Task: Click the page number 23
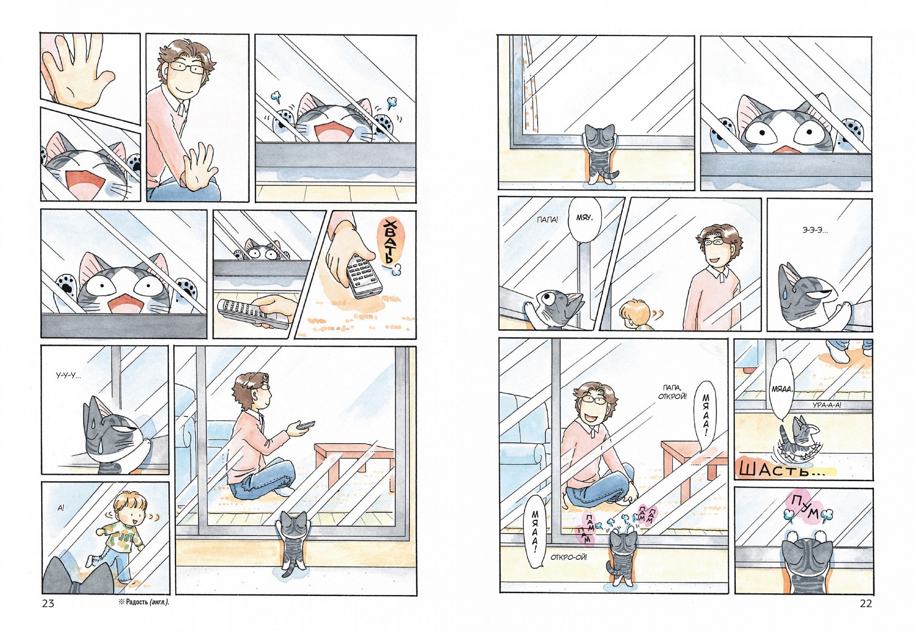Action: [x=48, y=603]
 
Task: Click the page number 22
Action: [x=866, y=603]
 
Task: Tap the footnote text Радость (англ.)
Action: [x=144, y=602]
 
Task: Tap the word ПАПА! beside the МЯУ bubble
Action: [x=548, y=220]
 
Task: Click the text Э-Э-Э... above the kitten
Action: [x=815, y=231]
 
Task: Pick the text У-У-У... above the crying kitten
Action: [x=68, y=376]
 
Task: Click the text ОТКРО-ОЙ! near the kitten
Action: [x=569, y=557]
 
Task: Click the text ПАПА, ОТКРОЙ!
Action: [x=672, y=392]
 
